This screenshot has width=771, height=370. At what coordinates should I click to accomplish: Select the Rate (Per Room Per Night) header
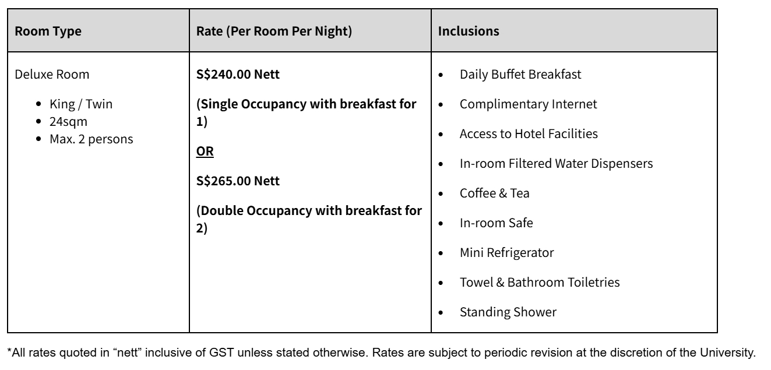click(x=274, y=32)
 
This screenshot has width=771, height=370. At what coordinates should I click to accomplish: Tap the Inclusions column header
click(x=468, y=32)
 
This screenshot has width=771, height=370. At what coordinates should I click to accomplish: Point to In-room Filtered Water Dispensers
click(x=555, y=164)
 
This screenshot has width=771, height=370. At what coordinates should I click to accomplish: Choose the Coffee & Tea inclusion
click(x=494, y=193)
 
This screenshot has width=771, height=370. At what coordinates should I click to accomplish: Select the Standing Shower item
click(x=508, y=312)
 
